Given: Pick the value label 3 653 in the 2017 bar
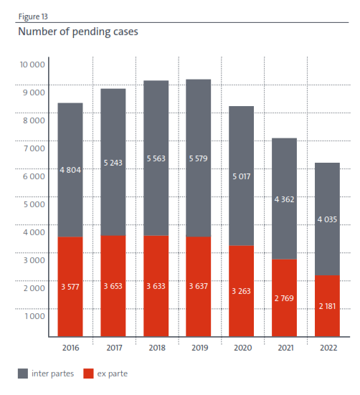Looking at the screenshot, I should (113, 287).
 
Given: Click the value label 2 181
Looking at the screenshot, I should (327, 306).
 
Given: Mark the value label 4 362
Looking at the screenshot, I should (284, 201).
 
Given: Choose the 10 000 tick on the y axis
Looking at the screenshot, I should (32, 65).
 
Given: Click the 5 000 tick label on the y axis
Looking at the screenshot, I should (34, 204).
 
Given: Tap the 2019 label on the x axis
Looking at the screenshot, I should (198, 348).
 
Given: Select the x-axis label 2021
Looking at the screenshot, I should (284, 348).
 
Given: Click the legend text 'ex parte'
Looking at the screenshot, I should (113, 373).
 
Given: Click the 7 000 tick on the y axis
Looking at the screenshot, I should (34, 148).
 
